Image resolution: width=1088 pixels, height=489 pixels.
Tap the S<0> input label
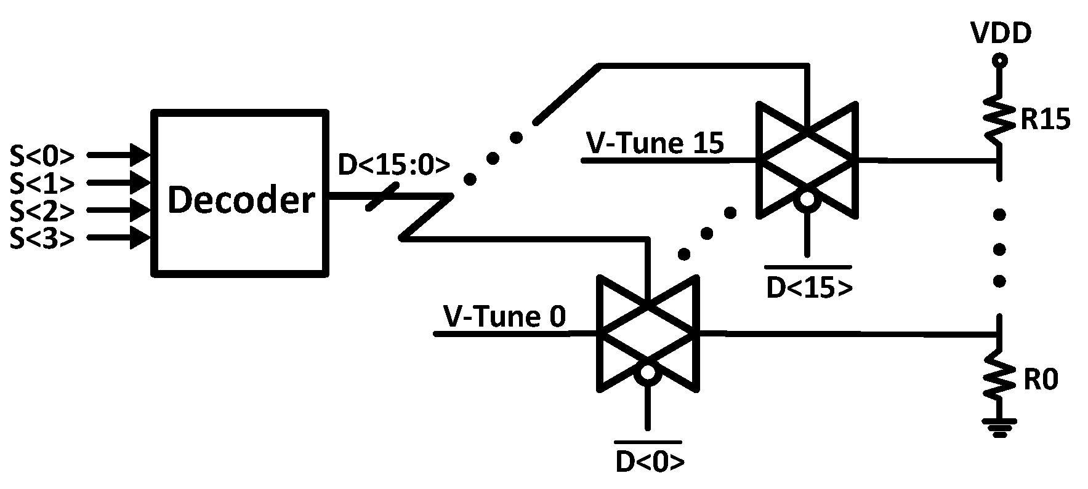click(42, 156)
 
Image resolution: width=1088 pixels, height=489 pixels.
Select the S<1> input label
click(42, 183)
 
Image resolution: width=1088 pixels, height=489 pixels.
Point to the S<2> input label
click(42, 210)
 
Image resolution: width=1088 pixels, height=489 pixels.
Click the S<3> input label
click(42, 238)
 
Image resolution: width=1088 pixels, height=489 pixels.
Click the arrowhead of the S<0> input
click(141, 154)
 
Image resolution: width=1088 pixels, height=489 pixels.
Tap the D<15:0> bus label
click(394, 165)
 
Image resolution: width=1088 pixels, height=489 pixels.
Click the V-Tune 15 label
click(655, 143)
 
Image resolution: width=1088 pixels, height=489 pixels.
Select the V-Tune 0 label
click(504, 317)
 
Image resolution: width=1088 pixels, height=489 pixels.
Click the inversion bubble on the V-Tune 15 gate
click(807, 199)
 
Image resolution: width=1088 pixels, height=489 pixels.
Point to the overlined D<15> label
click(809, 287)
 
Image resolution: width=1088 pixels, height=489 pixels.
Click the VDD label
click(1001, 34)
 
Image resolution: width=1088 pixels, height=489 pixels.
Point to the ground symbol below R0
click(999, 427)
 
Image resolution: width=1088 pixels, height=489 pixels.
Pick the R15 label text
click(1046, 121)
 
